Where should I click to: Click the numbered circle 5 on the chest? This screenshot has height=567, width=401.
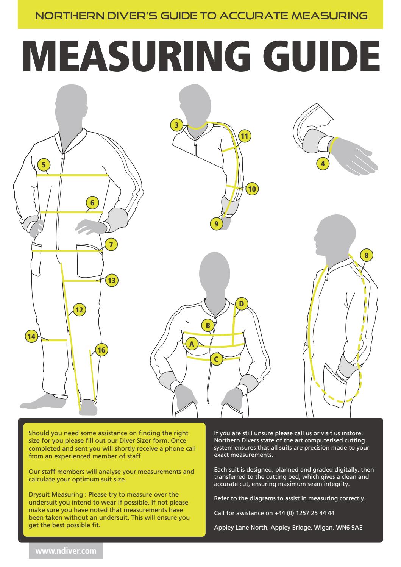click(44, 165)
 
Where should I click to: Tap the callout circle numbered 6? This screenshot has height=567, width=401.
click(92, 203)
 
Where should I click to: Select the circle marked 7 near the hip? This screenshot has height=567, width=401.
click(111, 245)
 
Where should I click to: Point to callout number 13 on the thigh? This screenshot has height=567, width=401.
click(112, 280)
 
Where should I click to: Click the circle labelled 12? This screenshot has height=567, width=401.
click(79, 310)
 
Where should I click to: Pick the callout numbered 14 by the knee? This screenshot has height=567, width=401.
click(32, 336)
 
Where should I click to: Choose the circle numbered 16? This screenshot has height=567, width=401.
click(101, 350)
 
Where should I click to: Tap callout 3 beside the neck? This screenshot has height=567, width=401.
click(176, 125)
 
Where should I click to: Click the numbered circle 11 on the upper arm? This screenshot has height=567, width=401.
click(244, 136)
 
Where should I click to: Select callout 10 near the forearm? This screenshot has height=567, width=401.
click(252, 189)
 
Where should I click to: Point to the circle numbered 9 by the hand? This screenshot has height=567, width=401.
click(216, 224)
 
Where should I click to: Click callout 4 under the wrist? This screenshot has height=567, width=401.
click(323, 164)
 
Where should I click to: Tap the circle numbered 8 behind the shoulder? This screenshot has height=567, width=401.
click(366, 255)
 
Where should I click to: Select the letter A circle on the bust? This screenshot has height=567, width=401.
click(192, 344)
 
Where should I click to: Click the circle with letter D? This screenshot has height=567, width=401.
click(241, 304)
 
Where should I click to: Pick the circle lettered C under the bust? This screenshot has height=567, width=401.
click(216, 359)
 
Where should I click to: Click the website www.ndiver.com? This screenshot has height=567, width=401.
click(66, 551)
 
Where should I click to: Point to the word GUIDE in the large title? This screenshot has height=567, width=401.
click(321, 56)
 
